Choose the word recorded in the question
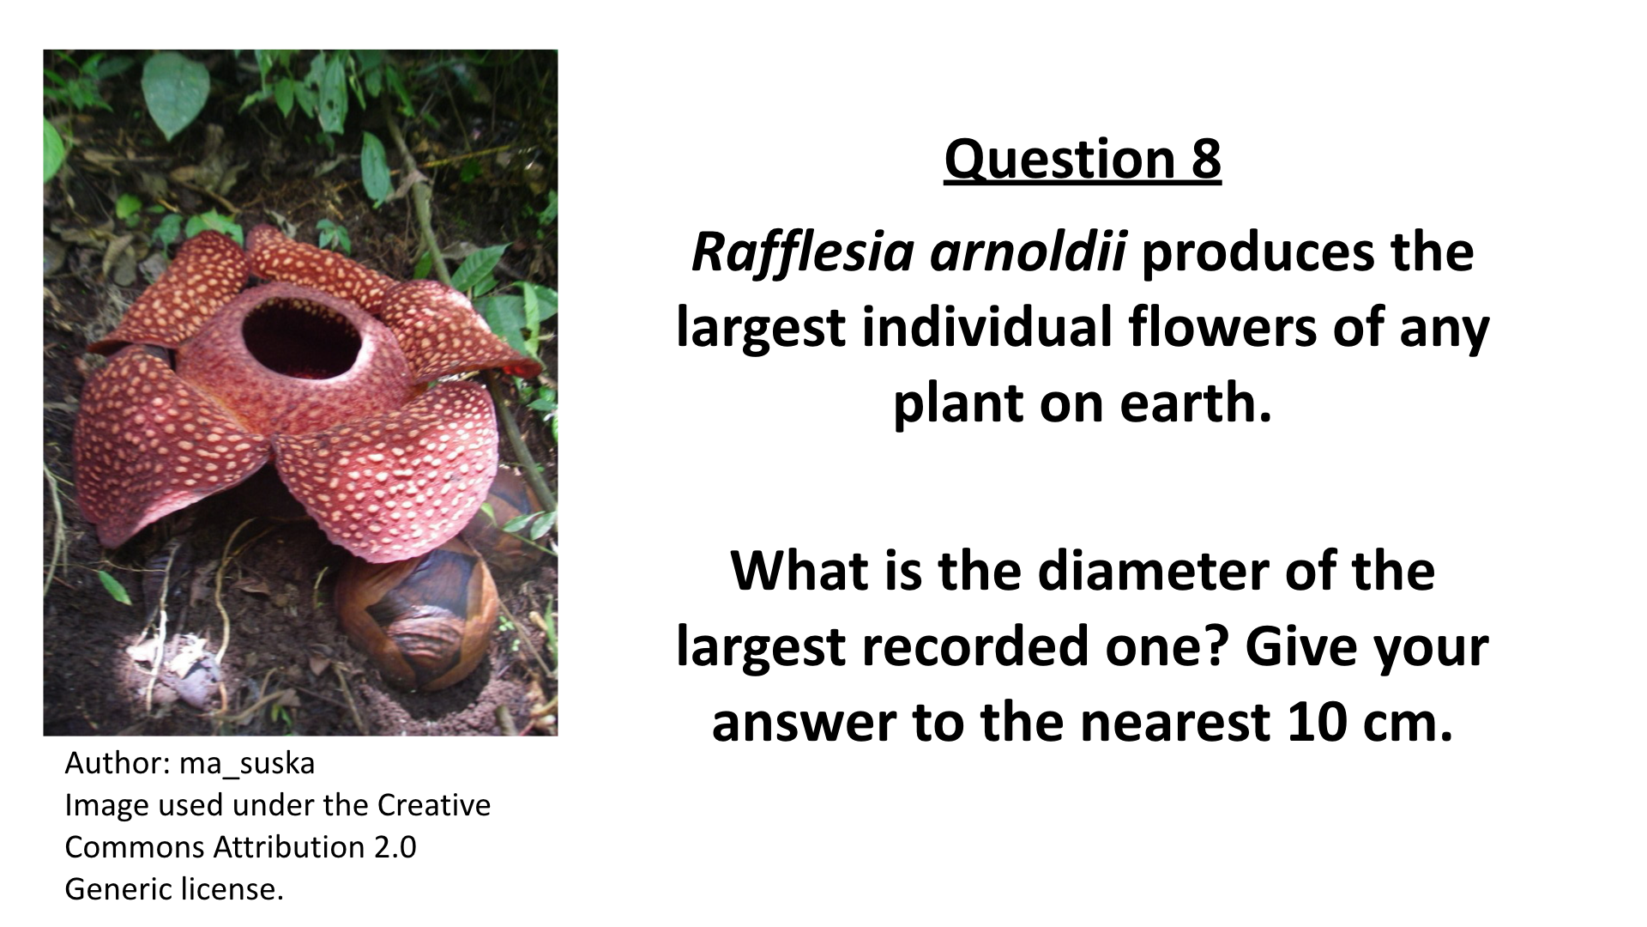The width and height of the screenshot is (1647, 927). [x=976, y=646]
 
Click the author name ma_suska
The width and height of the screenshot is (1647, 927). [x=247, y=763]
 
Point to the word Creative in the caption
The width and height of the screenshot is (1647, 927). [x=434, y=805]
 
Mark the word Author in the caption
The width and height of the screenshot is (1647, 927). [x=118, y=763]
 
